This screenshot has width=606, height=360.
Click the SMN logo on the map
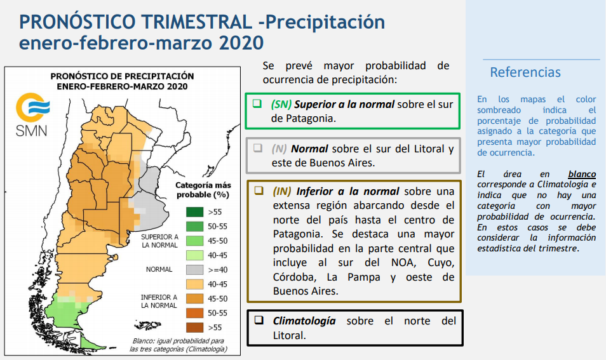[x=32, y=114]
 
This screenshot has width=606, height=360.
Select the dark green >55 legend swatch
[x=195, y=211]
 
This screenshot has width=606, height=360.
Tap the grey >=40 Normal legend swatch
[x=195, y=270]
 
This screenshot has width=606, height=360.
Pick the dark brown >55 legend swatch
[x=195, y=328]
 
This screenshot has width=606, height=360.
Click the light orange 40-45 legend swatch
[x=195, y=284]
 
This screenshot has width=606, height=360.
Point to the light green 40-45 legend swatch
[x=195, y=255]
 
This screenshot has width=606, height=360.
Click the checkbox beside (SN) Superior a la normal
[x=257, y=103]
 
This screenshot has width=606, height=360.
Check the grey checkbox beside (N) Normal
[x=257, y=148]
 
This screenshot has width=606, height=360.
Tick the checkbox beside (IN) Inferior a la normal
[x=259, y=190]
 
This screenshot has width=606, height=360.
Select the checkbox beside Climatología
[x=259, y=320]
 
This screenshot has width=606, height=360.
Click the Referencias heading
[x=525, y=72]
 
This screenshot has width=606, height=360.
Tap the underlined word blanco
[x=582, y=174]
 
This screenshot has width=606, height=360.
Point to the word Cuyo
[x=441, y=263]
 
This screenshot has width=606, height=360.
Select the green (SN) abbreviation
[x=281, y=105]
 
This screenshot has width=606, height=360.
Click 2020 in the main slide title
[x=241, y=43]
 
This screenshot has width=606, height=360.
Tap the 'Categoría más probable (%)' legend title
[x=203, y=190]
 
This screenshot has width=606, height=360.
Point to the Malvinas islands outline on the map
[x=147, y=325]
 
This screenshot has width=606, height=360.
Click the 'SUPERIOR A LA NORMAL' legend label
[x=159, y=241]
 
